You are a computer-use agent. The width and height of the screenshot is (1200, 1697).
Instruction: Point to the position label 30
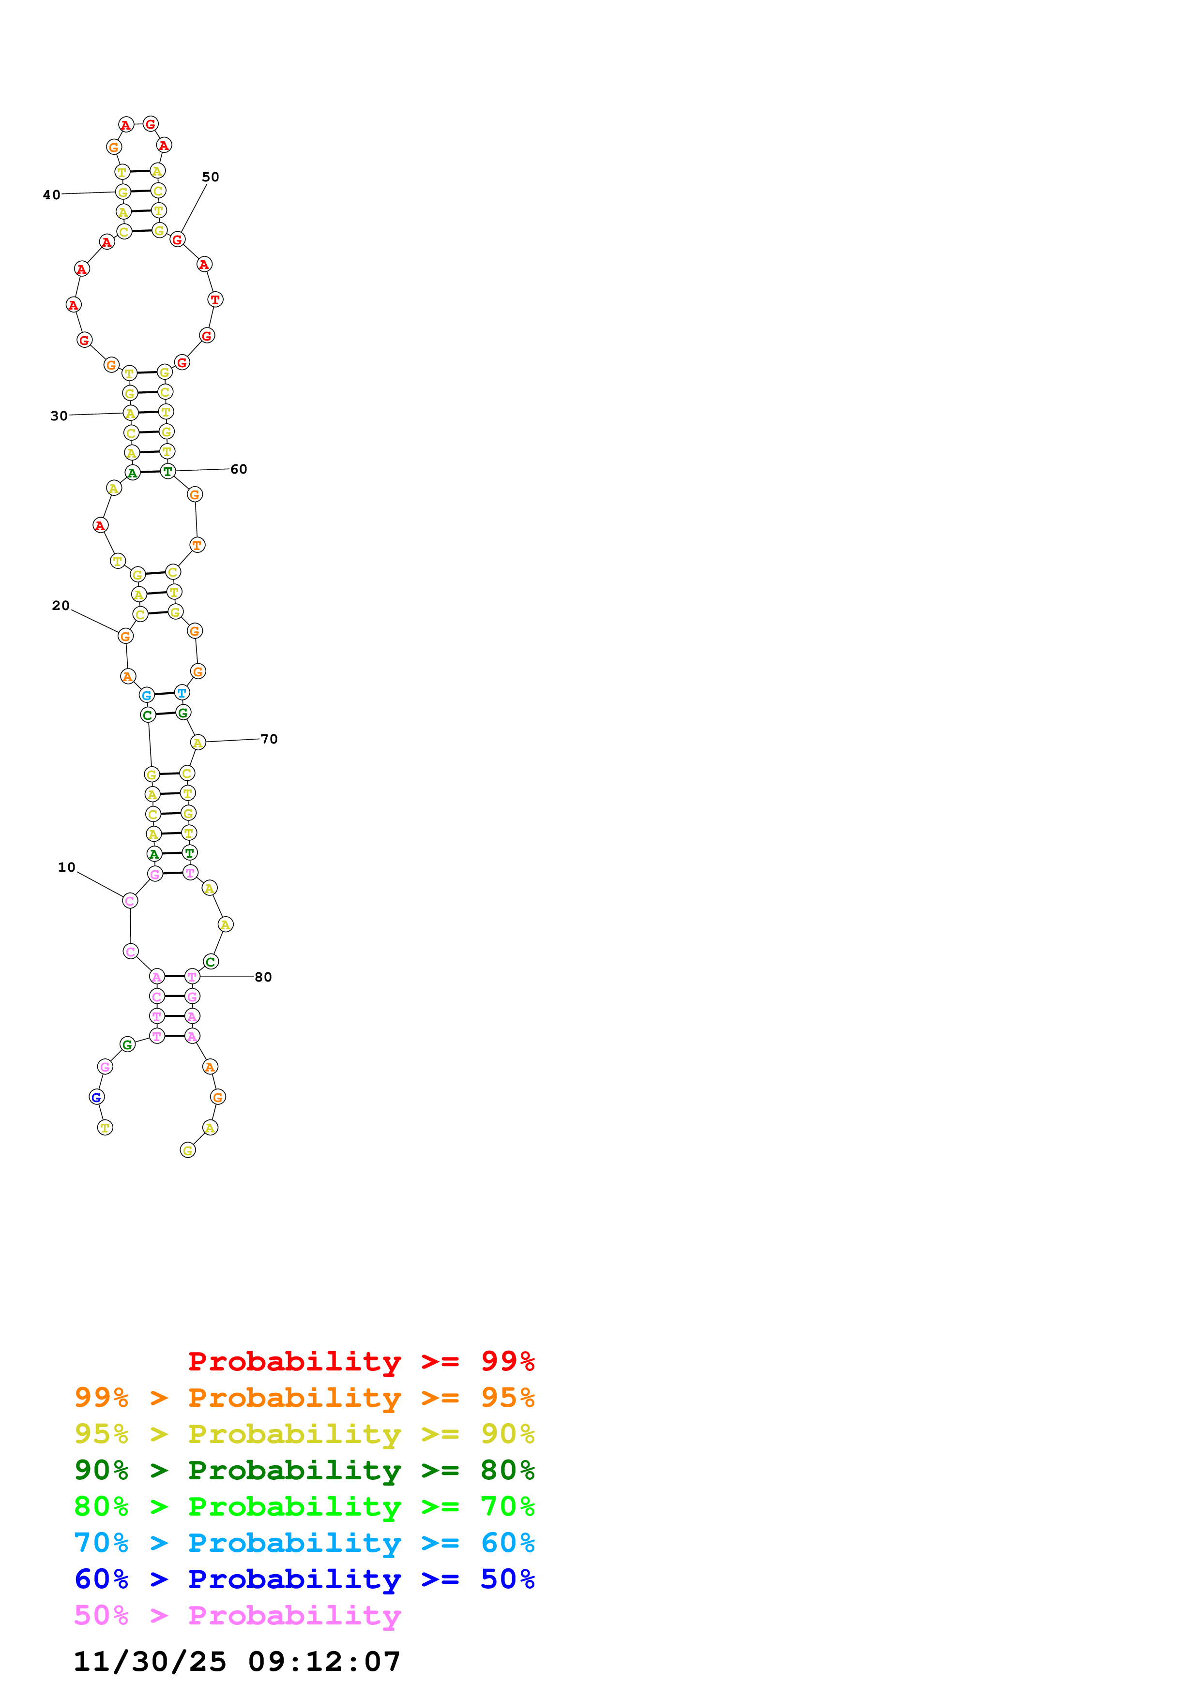click(x=59, y=416)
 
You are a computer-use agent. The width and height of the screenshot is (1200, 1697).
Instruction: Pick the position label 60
click(x=239, y=469)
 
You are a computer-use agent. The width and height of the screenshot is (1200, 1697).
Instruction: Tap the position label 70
click(x=269, y=739)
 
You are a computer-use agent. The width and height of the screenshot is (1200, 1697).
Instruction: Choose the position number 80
click(x=263, y=977)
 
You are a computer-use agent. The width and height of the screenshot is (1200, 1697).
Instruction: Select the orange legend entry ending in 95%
click(x=304, y=1398)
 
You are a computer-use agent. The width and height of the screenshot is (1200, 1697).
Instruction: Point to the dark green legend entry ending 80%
click(x=304, y=1470)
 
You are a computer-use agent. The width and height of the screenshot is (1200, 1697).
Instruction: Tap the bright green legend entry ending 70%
click(x=304, y=1506)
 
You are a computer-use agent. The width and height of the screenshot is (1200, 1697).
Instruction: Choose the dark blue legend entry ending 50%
click(x=304, y=1579)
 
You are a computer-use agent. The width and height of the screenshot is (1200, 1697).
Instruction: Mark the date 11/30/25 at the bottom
click(x=150, y=1662)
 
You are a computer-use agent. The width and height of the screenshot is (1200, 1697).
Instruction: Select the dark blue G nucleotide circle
click(x=96, y=1097)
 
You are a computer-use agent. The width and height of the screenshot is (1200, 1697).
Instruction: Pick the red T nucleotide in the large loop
click(x=215, y=299)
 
